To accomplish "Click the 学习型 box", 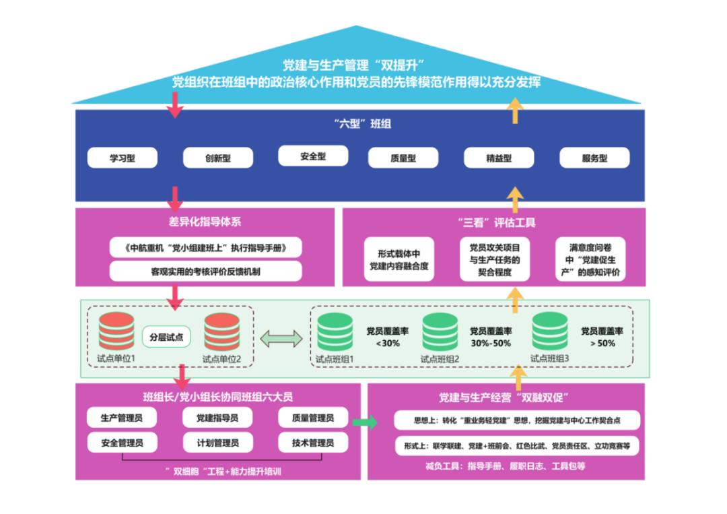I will (122, 158).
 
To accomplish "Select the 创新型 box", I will (218, 158).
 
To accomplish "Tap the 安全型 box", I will (313, 156).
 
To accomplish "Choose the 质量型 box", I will (403, 158).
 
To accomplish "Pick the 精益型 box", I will (499, 158).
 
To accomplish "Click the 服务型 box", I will (594, 158).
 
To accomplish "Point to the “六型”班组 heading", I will (362, 124).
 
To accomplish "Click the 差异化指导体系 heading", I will (205, 222).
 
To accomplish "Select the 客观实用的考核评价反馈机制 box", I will (205, 271).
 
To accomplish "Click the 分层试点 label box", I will (167, 336).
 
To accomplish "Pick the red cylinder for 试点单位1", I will (116, 331).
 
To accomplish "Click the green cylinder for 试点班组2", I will (440, 331).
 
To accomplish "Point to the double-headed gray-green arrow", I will (281, 338).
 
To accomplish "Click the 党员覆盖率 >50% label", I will (602, 337).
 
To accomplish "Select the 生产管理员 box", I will (122, 418).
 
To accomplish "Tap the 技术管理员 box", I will (313, 443).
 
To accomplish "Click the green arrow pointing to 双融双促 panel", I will (365, 422).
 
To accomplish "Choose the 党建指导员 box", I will (217, 418).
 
